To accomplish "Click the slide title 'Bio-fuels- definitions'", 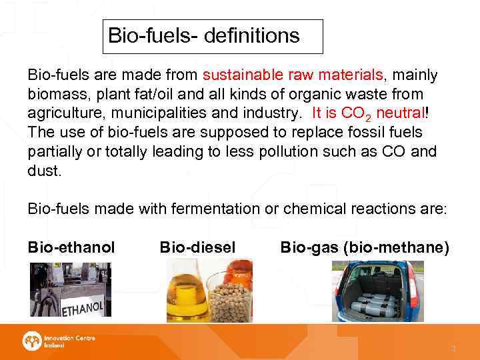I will [x=204, y=35].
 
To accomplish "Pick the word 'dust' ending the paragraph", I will [x=43, y=171].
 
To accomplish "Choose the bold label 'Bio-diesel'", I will [x=197, y=248].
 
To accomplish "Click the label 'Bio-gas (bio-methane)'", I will [x=365, y=248].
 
